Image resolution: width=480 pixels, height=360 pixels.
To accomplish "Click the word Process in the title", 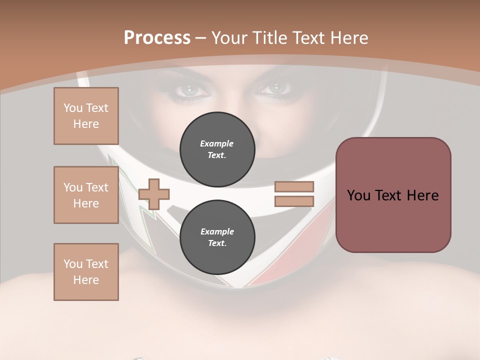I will pos(157,38).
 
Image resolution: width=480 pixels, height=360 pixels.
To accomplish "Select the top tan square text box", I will pos(86,116).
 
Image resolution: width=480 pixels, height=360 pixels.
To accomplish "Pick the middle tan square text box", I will pos(86,195).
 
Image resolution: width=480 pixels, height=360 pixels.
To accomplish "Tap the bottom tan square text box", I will pos(86,272).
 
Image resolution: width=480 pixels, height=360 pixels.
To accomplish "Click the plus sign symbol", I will pos(154,194).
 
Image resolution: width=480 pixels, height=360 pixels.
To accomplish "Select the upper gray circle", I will pos(217,149).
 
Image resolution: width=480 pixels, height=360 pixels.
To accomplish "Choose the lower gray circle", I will pos(217,237).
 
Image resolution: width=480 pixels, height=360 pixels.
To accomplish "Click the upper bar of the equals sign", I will pos(294,187).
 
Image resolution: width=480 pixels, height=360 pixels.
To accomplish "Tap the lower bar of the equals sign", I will pos(294,201).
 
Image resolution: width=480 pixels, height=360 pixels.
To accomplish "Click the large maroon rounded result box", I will pos(393,195).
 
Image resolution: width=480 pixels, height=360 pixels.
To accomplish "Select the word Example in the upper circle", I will pos(217,143).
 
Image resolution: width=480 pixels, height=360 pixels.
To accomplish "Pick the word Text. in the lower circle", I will pos(217,243).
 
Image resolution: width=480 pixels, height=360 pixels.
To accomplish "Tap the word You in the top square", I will pos(72,108).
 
